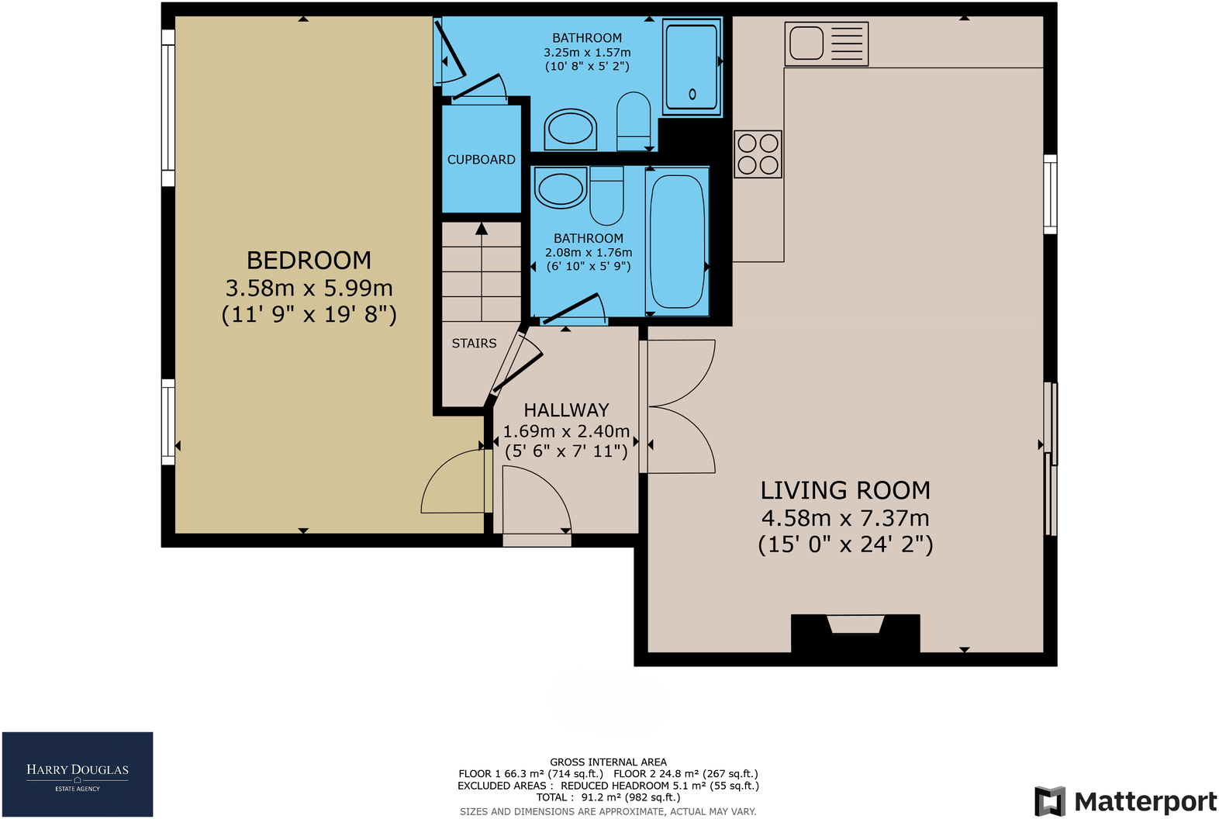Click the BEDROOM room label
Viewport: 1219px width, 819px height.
point(309,260)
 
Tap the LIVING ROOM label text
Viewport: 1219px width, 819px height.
point(845,490)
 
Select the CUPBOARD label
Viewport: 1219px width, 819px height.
point(481,160)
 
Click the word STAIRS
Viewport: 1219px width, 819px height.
point(474,344)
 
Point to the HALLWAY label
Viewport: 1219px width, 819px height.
point(566,409)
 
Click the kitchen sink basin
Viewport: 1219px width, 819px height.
point(806,43)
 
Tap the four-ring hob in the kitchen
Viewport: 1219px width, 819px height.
point(758,154)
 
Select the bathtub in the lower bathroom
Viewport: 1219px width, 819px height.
point(677,241)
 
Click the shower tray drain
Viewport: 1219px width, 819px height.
point(692,94)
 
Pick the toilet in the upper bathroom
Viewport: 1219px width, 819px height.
point(634,121)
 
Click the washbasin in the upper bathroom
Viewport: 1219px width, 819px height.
point(570,129)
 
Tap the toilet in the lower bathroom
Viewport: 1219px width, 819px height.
point(606,195)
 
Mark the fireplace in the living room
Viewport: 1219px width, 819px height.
point(855,633)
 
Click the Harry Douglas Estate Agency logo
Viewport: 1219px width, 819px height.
point(78,774)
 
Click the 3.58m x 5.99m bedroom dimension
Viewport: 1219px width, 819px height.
point(309,288)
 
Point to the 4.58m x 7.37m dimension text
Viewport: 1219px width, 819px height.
point(845,518)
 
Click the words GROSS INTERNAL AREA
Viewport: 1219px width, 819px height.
point(608,762)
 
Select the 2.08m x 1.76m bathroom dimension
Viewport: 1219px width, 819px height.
point(589,253)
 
